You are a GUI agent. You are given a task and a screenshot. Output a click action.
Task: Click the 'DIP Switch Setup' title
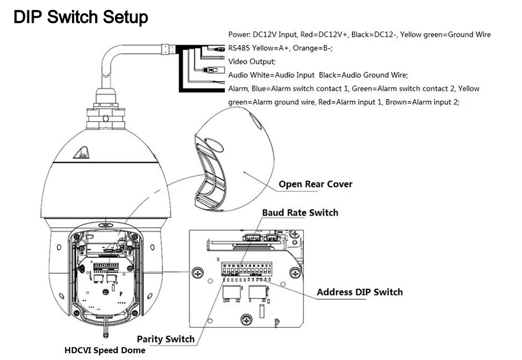(x=81, y=17)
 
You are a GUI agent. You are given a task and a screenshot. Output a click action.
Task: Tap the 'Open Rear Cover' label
(x=316, y=184)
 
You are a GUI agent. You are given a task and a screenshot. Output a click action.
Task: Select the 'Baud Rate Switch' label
(x=300, y=213)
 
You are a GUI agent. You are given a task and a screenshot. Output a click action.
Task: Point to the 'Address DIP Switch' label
(x=360, y=292)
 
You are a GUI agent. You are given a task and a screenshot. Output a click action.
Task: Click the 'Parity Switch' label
(x=165, y=339)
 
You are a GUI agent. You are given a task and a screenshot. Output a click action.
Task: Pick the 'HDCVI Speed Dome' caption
(x=105, y=350)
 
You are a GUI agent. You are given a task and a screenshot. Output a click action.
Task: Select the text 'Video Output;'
(x=252, y=61)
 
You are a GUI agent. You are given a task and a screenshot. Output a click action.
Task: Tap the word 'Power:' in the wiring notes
(x=240, y=35)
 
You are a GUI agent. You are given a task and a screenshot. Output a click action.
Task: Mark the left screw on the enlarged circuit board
(x=198, y=273)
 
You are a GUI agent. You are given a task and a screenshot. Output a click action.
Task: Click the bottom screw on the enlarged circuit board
(x=246, y=319)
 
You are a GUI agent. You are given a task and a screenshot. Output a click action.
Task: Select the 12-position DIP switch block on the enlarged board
(x=246, y=269)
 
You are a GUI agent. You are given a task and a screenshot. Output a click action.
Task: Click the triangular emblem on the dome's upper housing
(x=82, y=153)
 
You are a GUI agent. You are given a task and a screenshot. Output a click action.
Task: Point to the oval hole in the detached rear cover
(x=214, y=145)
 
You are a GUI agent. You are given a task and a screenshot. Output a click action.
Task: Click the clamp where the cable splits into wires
(x=168, y=49)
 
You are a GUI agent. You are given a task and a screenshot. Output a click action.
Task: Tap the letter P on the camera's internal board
(x=121, y=294)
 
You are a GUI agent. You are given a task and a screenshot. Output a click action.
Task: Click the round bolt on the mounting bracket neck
(x=106, y=118)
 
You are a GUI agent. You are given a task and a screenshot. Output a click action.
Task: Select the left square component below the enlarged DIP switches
(x=230, y=293)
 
